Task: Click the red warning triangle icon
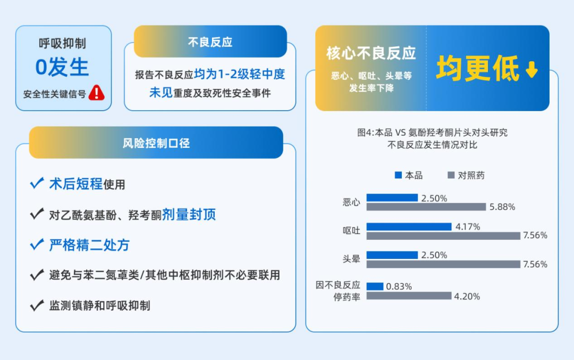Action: (x=97, y=93)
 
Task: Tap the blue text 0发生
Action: (x=62, y=68)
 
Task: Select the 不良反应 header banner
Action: (x=210, y=41)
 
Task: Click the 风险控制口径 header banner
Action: (x=156, y=143)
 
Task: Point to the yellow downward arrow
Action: (x=531, y=69)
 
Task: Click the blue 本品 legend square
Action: (x=398, y=175)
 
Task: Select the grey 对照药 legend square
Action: (x=451, y=175)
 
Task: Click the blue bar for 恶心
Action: (x=392, y=198)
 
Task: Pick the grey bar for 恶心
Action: (x=426, y=207)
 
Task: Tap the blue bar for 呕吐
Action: (x=409, y=227)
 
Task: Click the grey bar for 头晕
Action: (x=443, y=264)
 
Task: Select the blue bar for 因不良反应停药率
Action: (x=375, y=287)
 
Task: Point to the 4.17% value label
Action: (x=468, y=227)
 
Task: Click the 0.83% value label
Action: (x=399, y=287)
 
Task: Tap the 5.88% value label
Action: (x=502, y=207)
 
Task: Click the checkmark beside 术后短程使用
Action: (x=37, y=183)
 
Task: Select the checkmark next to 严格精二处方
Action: (x=37, y=244)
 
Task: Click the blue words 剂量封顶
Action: (x=189, y=215)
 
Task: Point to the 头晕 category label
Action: (x=351, y=259)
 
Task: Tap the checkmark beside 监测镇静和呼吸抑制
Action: (x=37, y=305)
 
